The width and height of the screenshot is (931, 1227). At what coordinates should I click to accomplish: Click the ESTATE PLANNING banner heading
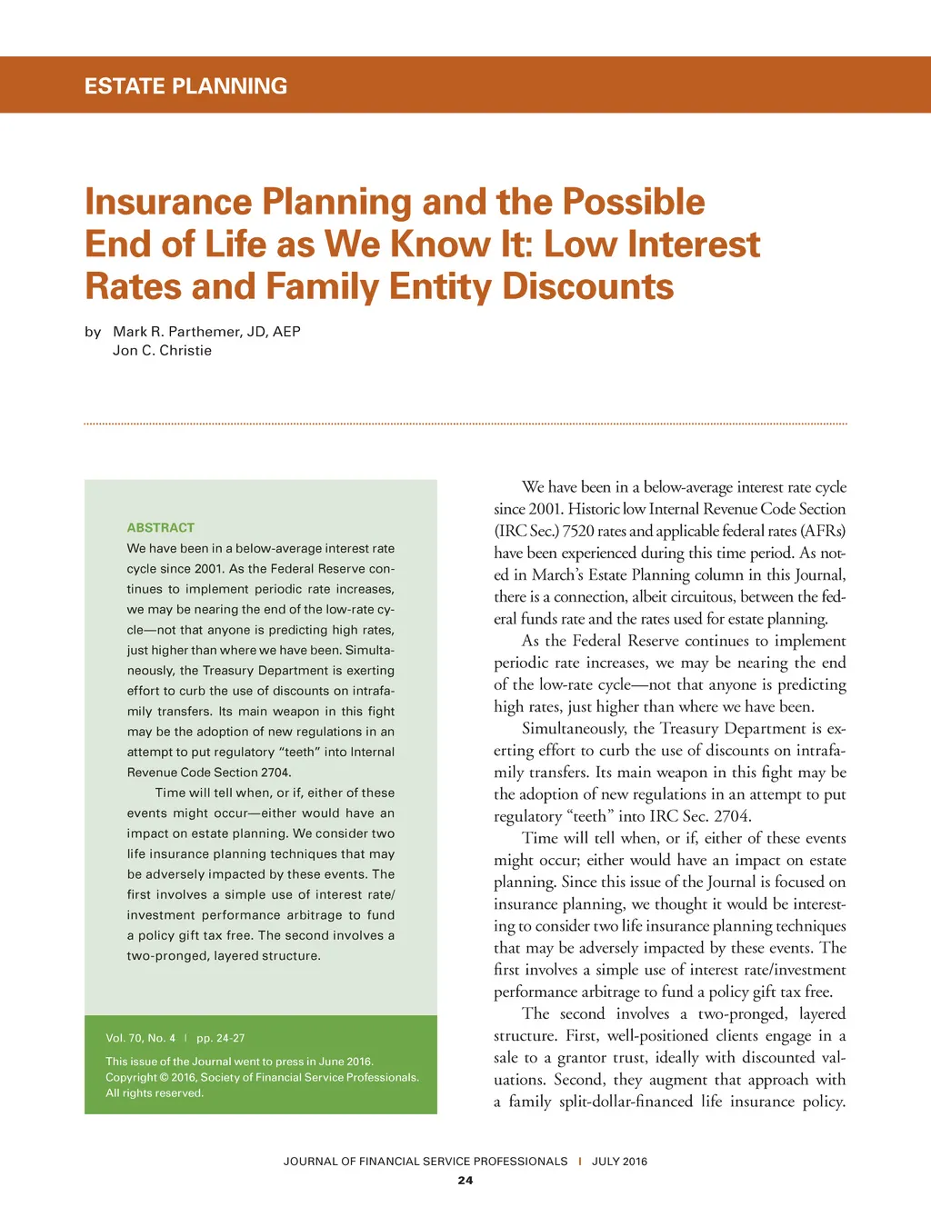coord(185,86)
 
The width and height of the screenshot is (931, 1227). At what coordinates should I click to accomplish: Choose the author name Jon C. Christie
coord(162,351)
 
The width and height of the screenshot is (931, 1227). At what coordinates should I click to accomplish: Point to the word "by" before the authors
coord(93,332)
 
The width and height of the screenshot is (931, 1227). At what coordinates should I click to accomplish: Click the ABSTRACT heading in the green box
coord(161,528)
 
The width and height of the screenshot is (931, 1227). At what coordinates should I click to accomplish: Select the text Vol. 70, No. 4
coord(140,1038)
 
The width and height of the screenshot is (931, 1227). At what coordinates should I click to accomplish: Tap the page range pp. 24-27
coord(221,1038)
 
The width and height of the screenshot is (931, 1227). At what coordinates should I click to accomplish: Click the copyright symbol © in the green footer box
coord(165,1078)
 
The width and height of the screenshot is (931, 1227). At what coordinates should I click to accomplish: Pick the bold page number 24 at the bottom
coord(465,1181)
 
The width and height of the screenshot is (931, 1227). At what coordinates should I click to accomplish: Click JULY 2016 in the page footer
coord(619,1162)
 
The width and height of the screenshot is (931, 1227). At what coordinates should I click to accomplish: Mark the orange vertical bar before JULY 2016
coord(580,1162)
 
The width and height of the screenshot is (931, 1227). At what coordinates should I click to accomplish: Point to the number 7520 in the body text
coord(579,532)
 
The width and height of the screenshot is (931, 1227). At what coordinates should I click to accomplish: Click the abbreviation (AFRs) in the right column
coord(822,532)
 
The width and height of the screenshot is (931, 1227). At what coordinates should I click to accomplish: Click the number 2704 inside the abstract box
coord(275,773)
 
